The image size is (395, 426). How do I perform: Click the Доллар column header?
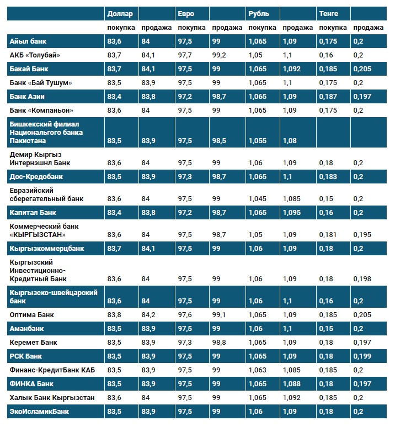coord(120,13)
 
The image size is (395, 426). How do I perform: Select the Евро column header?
coord(186,13)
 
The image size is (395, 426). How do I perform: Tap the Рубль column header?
coord(259,13)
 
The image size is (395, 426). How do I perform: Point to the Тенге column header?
coord(328,13)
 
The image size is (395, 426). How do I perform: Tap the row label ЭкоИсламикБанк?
coord(39,411)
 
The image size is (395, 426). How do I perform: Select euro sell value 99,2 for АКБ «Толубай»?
coord(219,55)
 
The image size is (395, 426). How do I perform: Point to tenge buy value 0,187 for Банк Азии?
coord(329,96)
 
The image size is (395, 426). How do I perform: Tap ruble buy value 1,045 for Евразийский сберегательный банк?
coord(258,198)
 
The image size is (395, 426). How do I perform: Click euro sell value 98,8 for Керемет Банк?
coord(219,342)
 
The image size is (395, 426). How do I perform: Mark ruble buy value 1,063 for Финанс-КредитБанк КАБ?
coord(258,370)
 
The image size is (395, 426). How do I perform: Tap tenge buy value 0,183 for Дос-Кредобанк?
coord(329,177)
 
